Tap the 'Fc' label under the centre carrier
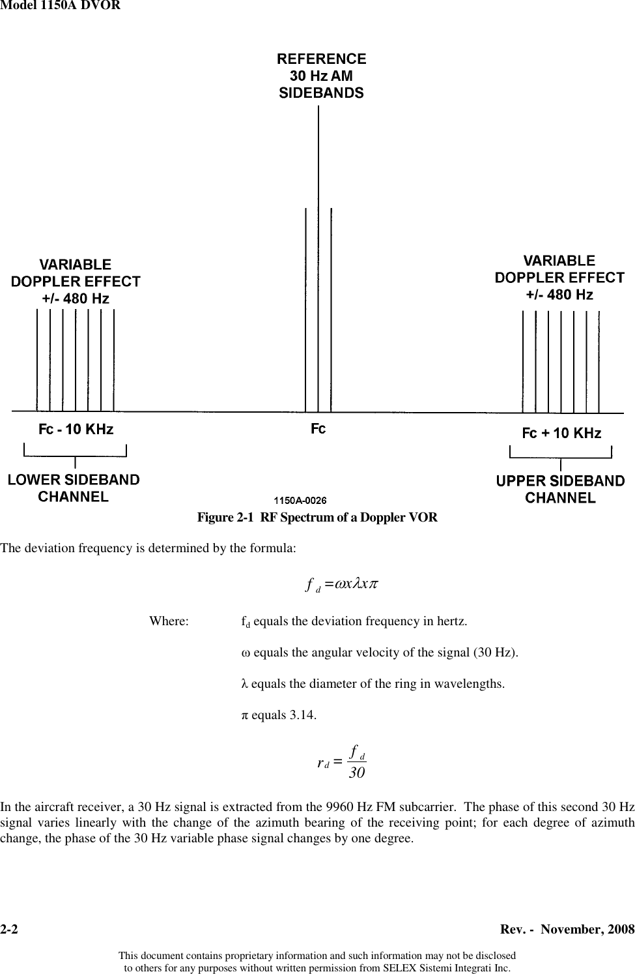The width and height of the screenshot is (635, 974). point(317,430)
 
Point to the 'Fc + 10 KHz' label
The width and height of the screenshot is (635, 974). point(561,434)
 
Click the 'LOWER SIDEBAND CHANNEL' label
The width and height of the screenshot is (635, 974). point(74,488)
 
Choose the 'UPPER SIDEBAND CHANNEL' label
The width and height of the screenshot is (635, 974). point(560,490)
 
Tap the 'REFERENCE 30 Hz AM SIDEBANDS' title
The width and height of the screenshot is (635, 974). point(322,76)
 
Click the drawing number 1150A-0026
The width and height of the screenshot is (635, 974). point(299,501)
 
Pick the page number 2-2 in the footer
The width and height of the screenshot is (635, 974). point(10,928)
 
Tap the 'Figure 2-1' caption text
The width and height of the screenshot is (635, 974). point(317,518)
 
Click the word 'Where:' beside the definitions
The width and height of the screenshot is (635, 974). point(169,621)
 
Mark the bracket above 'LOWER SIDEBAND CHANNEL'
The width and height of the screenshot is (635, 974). point(76,450)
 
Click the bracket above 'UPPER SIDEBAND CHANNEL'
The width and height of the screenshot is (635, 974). point(560,452)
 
